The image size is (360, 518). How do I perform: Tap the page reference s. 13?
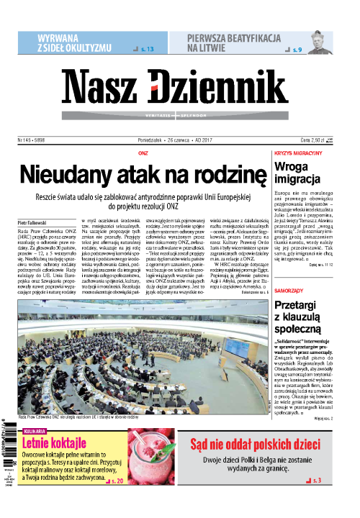(146, 48)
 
